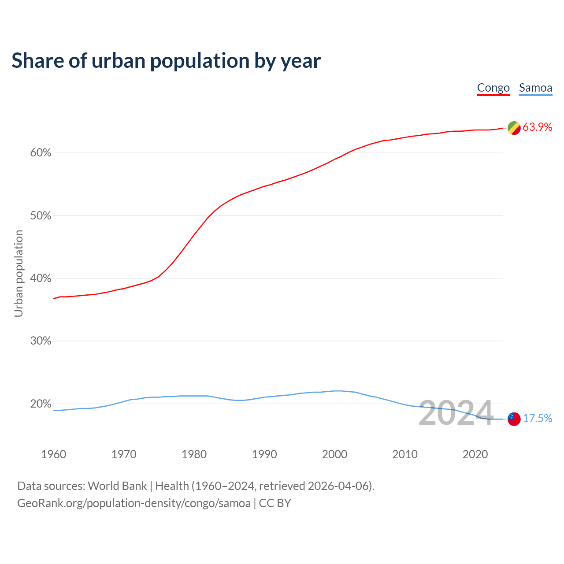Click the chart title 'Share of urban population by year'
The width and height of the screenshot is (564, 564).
166,61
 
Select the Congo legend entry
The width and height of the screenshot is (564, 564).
493,88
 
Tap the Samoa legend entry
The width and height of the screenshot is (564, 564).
535,88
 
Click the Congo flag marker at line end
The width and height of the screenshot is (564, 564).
514,128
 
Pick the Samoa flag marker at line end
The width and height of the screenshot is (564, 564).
514,419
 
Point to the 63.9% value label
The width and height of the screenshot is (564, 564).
537,127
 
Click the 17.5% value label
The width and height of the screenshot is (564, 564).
538,418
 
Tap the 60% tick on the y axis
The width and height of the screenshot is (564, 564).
41,153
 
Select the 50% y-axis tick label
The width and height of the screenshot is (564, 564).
41,216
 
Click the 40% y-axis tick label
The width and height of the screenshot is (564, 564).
41,278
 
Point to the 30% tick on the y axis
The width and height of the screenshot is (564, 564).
41,341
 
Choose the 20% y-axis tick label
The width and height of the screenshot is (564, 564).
41,404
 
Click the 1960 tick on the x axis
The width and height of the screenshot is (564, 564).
53,454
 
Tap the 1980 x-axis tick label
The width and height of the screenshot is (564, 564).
194,454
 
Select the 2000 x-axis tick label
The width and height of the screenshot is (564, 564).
334,454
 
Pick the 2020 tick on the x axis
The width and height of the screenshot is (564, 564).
475,454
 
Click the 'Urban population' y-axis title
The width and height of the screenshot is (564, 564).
19,273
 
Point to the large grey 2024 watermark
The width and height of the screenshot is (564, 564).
456,413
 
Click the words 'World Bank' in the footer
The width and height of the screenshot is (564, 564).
117,486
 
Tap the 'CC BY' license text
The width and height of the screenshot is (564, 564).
275,503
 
